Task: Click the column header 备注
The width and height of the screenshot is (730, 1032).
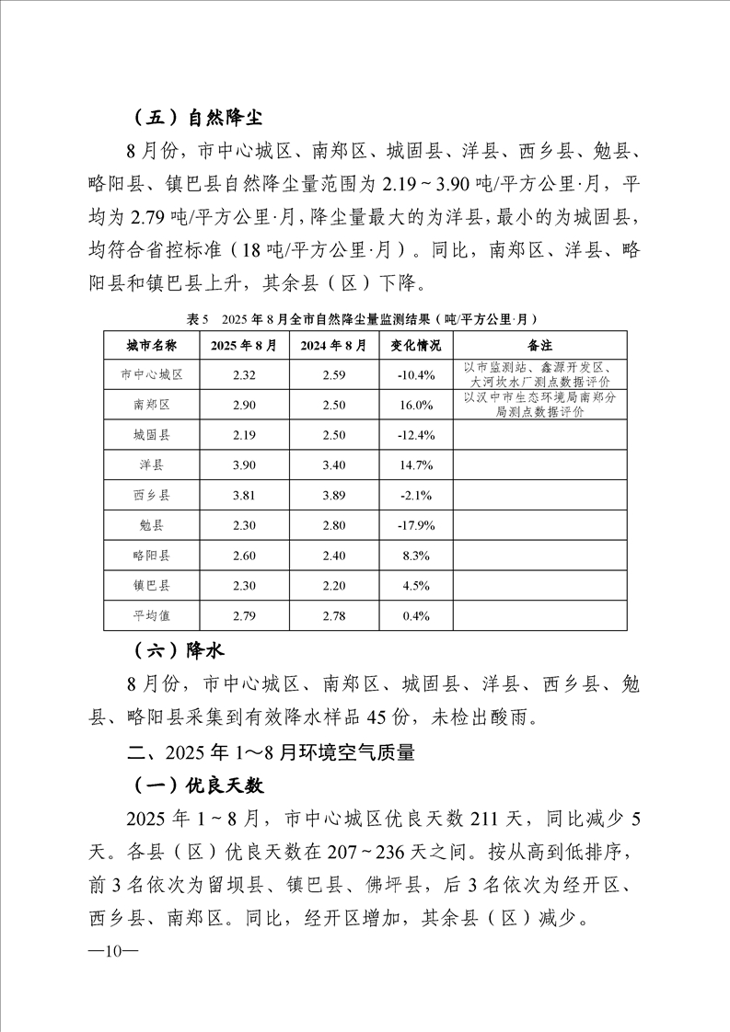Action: (539, 345)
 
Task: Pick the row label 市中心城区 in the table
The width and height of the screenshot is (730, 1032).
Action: (152, 374)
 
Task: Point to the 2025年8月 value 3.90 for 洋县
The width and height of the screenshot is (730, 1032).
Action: (243, 465)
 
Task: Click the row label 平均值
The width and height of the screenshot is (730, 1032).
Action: (152, 615)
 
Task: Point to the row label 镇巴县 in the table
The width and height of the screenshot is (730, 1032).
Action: (152, 585)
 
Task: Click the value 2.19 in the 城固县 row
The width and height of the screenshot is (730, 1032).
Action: (243, 435)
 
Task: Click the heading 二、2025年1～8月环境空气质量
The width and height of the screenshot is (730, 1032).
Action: (272, 752)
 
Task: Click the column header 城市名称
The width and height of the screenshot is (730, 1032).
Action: (152, 345)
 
